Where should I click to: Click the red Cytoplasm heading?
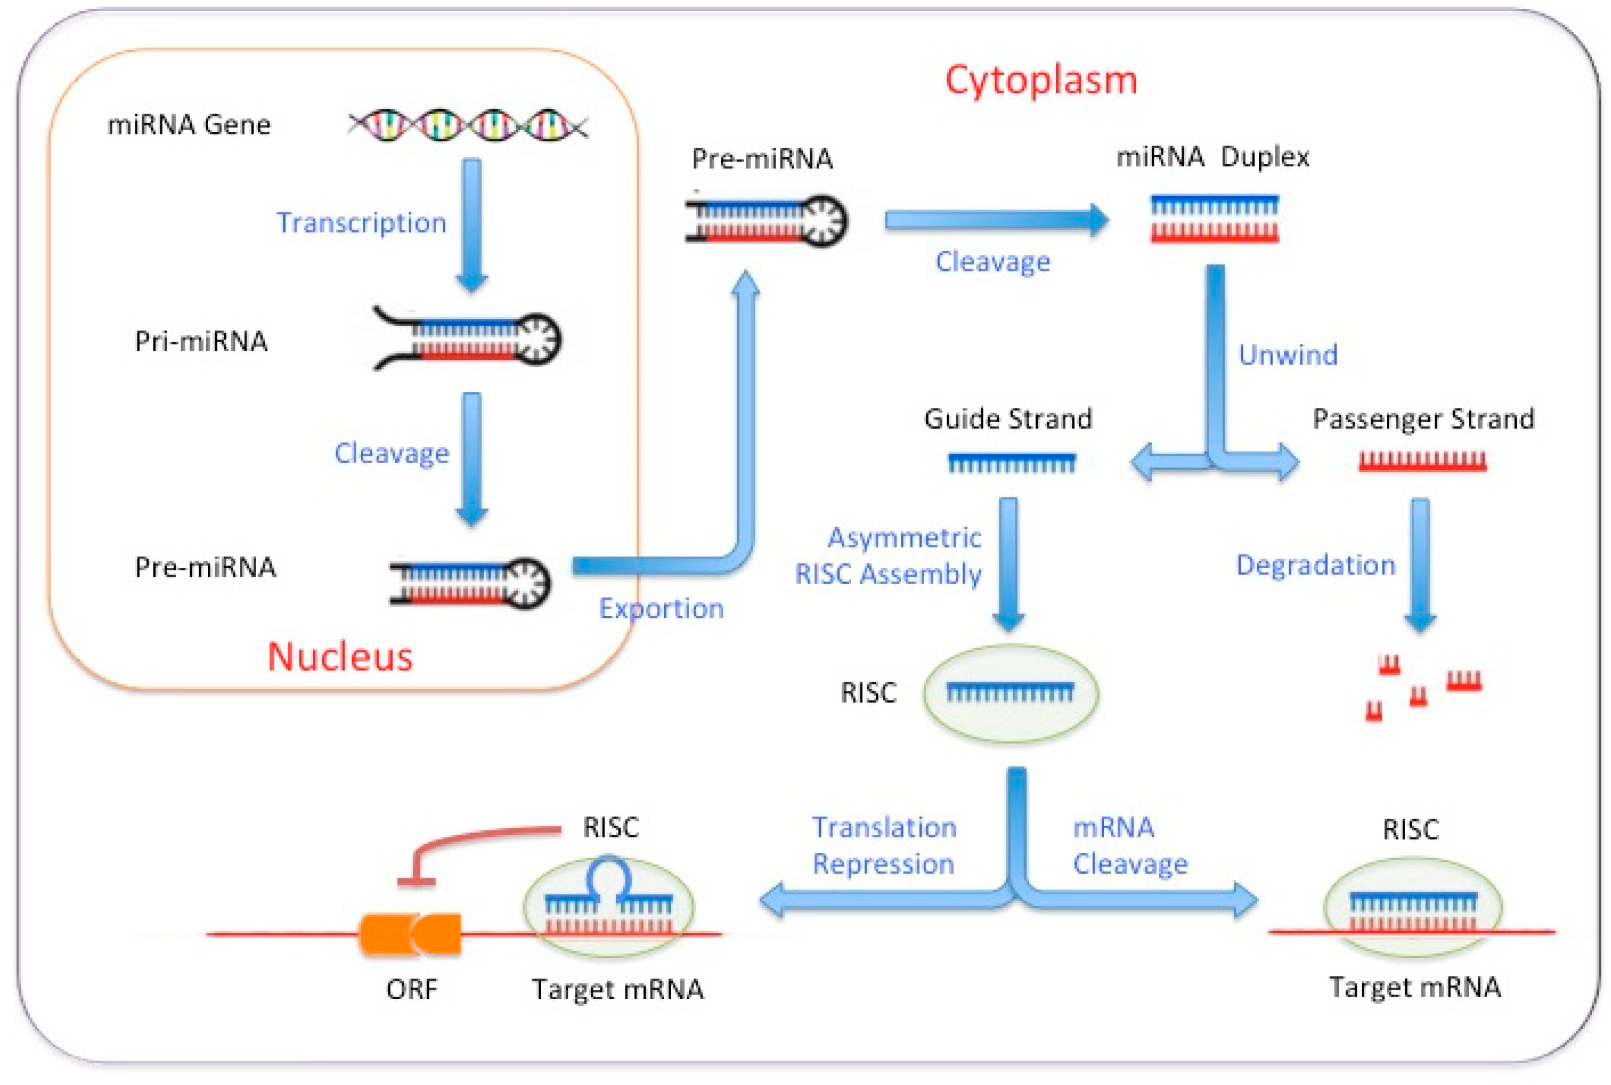point(1041,80)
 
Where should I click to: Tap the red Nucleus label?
point(340,656)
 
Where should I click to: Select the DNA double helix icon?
point(468,125)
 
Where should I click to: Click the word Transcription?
point(361,223)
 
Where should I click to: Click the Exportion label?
point(661,608)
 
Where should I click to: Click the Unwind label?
point(1288,355)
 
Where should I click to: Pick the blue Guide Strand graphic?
point(1012,462)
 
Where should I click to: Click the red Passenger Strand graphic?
point(1422,461)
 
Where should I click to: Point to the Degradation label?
point(1315,565)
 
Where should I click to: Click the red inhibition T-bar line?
point(471,841)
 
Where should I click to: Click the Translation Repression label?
point(884,845)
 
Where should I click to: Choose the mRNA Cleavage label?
point(1130,845)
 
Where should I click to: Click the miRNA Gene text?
point(188,125)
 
